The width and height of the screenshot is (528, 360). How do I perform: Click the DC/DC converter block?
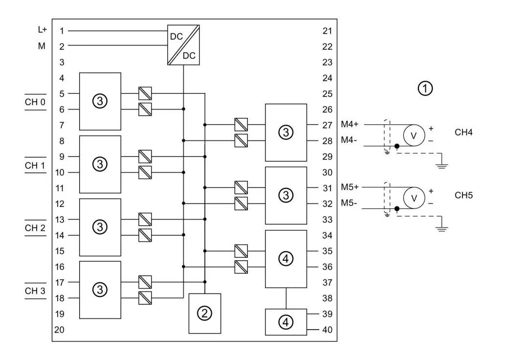point(183,45)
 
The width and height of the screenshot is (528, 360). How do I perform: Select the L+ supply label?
point(43,30)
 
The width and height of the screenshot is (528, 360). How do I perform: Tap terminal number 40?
point(327,330)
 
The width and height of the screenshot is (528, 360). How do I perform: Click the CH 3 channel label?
point(35,291)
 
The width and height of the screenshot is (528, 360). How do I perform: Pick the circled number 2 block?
point(205,314)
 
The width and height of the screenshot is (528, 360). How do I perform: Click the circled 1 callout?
point(425,89)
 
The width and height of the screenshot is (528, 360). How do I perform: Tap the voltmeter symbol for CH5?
point(414,198)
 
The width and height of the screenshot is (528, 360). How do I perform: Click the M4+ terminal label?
point(350,125)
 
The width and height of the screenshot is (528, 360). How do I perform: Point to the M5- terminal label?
point(350,203)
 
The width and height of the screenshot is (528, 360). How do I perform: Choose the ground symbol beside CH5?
point(442,227)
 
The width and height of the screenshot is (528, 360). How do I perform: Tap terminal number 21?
point(327,31)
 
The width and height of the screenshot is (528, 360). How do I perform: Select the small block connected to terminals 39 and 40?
point(286,322)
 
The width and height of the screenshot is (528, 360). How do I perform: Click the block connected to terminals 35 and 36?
point(286,259)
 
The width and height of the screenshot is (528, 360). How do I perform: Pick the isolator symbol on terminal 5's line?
point(145,93)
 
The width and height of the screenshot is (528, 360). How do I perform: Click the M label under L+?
point(42,46)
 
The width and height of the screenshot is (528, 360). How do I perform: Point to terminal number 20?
point(59,330)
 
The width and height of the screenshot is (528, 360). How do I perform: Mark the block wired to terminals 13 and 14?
point(100,227)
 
